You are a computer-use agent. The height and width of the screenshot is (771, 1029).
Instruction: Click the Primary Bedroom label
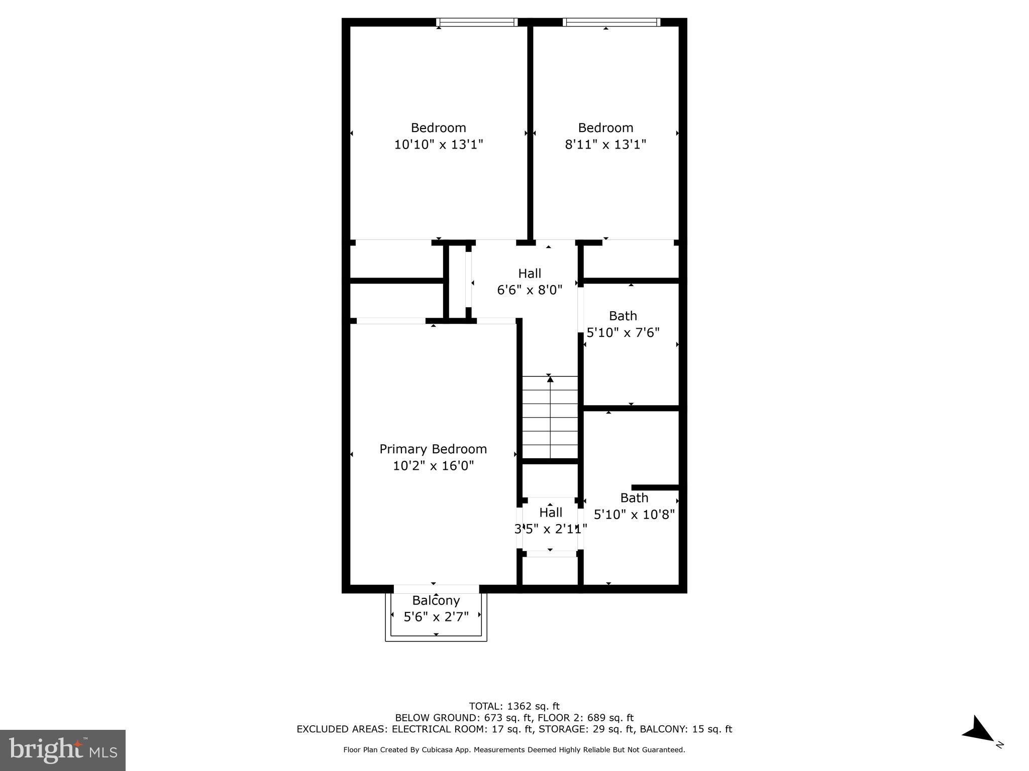(433, 449)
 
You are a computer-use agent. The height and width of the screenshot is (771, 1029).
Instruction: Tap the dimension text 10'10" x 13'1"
(438, 145)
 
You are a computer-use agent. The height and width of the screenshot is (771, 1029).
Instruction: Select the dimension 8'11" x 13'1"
(605, 145)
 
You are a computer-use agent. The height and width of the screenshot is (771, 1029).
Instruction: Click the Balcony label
(436, 600)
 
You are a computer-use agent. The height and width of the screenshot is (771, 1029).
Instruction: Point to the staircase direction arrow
(550, 380)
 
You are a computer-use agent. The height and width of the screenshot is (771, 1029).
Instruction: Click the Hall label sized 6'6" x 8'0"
(530, 274)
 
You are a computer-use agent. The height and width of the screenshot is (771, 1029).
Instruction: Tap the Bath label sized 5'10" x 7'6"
(623, 316)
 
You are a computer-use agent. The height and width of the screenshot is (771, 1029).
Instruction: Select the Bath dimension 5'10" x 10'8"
(634, 515)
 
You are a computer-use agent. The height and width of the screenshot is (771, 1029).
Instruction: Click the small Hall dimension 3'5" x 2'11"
(551, 529)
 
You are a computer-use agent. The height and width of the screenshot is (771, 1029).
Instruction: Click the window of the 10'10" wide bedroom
(476, 22)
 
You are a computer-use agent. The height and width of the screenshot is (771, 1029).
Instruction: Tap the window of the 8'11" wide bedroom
(611, 22)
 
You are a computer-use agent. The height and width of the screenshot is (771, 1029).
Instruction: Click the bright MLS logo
(63, 750)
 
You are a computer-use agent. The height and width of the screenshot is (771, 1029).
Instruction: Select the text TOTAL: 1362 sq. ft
(514, 706)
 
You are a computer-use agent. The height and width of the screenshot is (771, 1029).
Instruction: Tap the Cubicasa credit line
(514, 750)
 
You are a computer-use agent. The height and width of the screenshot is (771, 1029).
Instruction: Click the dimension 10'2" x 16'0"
(433, 466)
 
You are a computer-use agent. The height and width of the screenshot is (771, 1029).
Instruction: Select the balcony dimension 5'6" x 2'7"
(436, 617)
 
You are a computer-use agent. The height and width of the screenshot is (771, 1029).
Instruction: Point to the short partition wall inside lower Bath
(655, 487)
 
